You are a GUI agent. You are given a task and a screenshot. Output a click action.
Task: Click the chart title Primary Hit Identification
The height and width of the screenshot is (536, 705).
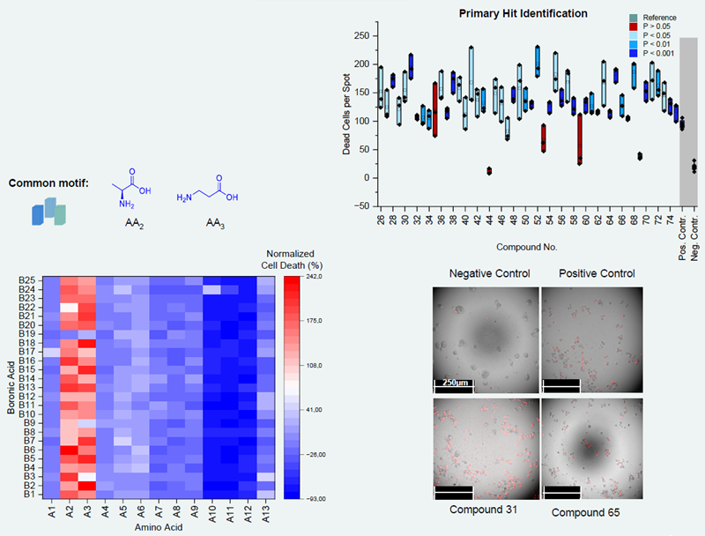click(x=523, y=13)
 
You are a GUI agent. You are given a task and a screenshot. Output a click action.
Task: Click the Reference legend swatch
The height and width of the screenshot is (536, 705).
click(x=633, y=18)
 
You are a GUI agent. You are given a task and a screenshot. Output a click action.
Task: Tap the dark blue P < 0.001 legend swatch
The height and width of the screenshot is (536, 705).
click(x=633, y=53)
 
